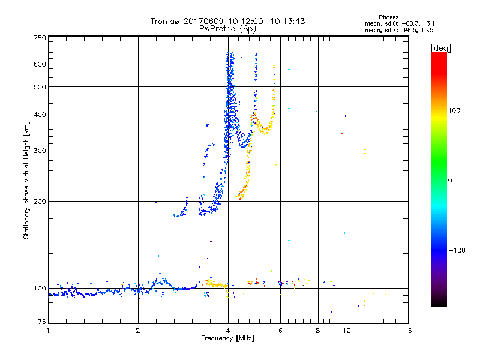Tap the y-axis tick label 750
(40, 38)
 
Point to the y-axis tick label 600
(40, 64)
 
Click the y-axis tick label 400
(40, 115)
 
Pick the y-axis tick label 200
(40, 202)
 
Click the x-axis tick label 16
(407, 331)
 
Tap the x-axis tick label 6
(281, 331)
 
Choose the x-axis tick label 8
(318, 331)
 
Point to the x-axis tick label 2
(138, 331)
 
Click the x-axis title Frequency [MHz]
(228, 338)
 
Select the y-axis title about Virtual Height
(26, 180)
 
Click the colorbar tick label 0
(450, 180)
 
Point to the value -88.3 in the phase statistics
(416, 23)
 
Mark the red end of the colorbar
(439, 55)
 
